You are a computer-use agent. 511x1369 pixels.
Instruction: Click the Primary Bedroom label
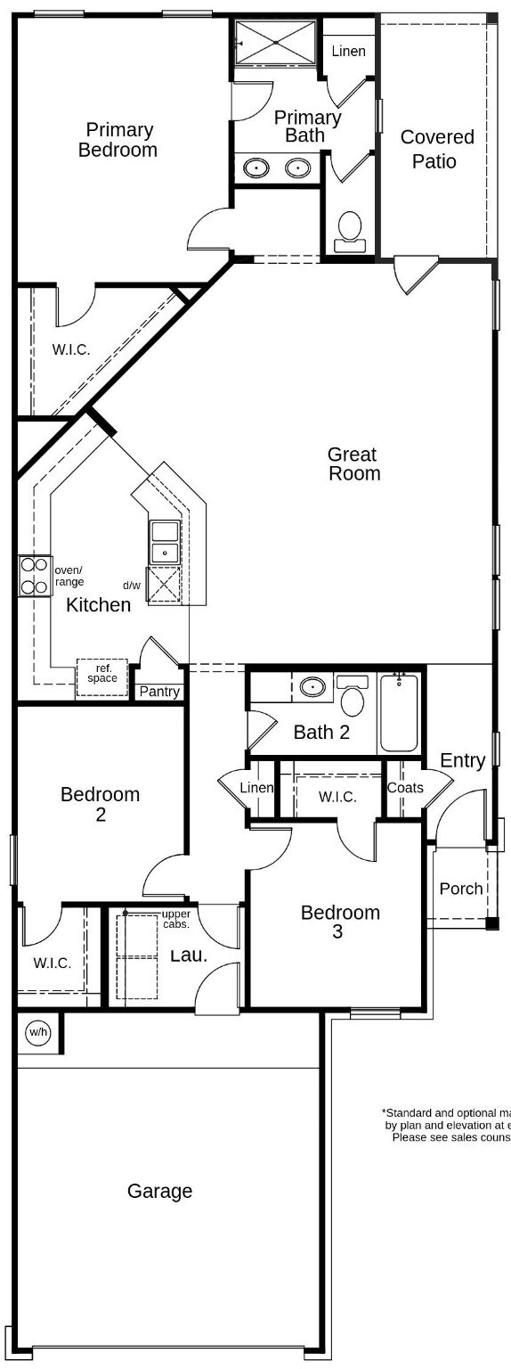118,140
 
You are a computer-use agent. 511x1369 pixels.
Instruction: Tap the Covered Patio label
437,149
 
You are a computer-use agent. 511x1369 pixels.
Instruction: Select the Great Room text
353,463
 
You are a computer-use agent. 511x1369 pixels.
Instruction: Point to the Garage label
159,1191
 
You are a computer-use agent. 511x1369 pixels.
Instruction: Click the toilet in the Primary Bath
350,230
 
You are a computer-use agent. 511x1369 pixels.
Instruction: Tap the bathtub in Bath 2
399,713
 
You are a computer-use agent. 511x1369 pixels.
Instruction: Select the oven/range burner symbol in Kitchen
35,575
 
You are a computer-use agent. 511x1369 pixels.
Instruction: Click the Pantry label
159,692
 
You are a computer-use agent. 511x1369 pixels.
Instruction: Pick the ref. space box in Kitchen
101,673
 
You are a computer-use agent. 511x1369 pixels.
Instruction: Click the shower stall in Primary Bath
275,42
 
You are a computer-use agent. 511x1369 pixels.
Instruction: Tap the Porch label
461,889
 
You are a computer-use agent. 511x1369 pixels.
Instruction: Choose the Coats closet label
405,788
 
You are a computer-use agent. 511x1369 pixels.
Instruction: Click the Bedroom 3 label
340,922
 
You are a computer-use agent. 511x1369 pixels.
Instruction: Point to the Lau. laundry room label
188,955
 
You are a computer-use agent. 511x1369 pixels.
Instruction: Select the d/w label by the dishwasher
132,586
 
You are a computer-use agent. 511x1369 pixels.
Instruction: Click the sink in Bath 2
312,687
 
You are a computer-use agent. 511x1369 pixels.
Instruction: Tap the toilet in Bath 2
353,696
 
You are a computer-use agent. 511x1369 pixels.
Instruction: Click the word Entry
463,760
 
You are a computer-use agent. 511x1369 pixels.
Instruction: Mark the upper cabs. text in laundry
175,919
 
